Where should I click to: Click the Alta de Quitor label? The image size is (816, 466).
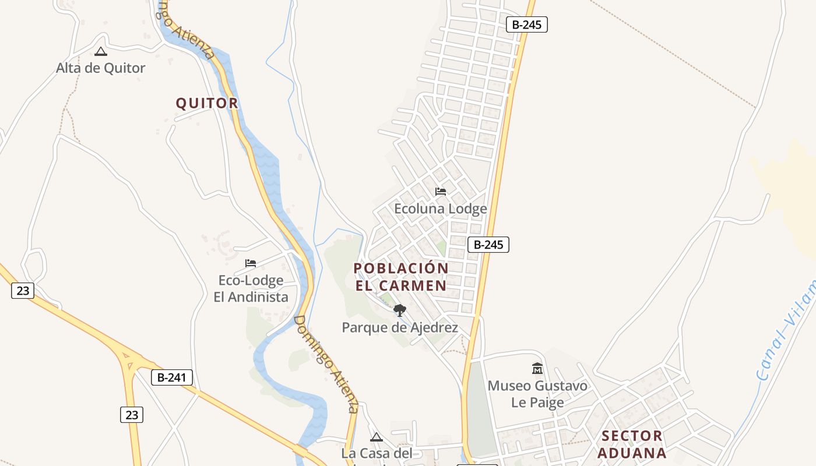click(100, 68)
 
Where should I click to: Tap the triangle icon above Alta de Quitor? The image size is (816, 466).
click(101, 52)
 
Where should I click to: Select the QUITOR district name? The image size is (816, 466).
click(207, 103)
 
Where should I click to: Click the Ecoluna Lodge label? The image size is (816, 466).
click(441, 209)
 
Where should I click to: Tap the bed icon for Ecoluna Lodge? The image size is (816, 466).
click(441, 191)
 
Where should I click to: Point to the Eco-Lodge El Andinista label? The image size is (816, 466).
click(251, 289)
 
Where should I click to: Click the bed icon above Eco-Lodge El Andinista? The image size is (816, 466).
click(251, 263)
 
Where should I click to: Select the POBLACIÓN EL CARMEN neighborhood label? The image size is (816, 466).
click(401, 277)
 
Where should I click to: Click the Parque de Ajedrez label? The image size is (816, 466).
click(400, 327)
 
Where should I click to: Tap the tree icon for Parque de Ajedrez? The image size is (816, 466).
click(400, 310)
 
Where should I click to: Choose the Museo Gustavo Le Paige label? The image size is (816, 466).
click(537, 394)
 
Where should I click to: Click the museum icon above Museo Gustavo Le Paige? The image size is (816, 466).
click(537, 369)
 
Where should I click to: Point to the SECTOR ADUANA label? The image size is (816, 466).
click(632, 444)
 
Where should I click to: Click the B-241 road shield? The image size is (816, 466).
click(171, 377)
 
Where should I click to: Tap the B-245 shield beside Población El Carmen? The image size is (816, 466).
click(488, 245)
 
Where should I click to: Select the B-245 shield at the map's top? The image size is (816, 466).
click(526, 24)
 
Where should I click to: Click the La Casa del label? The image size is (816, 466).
click(377, 453)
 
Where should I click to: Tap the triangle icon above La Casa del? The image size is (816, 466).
click(377, 437)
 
